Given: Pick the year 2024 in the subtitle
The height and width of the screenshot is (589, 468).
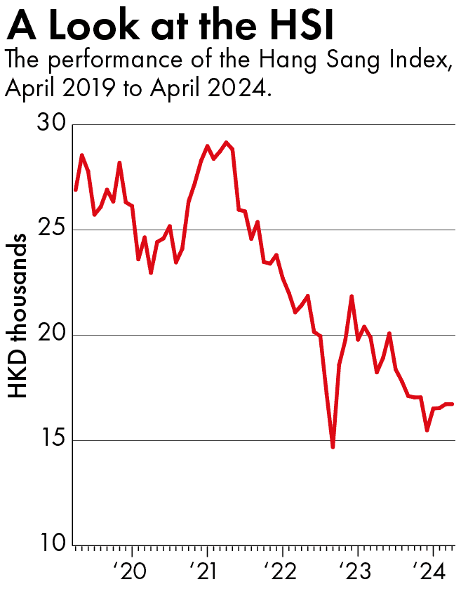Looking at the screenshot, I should click(x=234, y=89).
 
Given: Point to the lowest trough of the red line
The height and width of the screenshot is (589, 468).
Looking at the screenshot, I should click(x=333, y=446).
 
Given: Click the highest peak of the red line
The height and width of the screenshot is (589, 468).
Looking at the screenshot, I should click(x=226, y=143).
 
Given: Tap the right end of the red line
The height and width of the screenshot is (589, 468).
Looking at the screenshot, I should click(x=453, y=404).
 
